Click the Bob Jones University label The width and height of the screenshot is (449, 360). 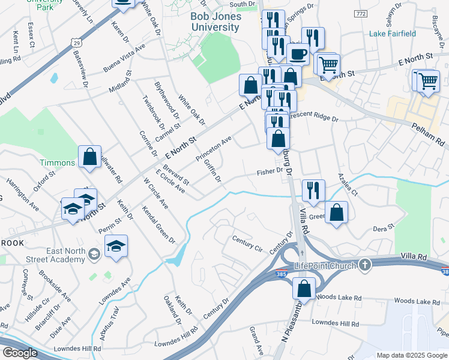click(x=215, y=22)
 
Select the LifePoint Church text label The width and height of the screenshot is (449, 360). click(x=325, y=266)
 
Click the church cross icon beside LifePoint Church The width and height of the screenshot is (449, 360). click(x=364, y=265)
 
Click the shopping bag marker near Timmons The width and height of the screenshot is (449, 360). click(x=89, y=157)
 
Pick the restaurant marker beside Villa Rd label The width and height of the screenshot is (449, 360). click(x=313, y=190)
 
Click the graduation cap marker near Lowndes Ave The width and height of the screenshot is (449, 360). click(x=116, y=245)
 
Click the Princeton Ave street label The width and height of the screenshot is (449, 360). click(x=213, y=149)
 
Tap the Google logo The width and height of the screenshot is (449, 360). click(x=20, y=353)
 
